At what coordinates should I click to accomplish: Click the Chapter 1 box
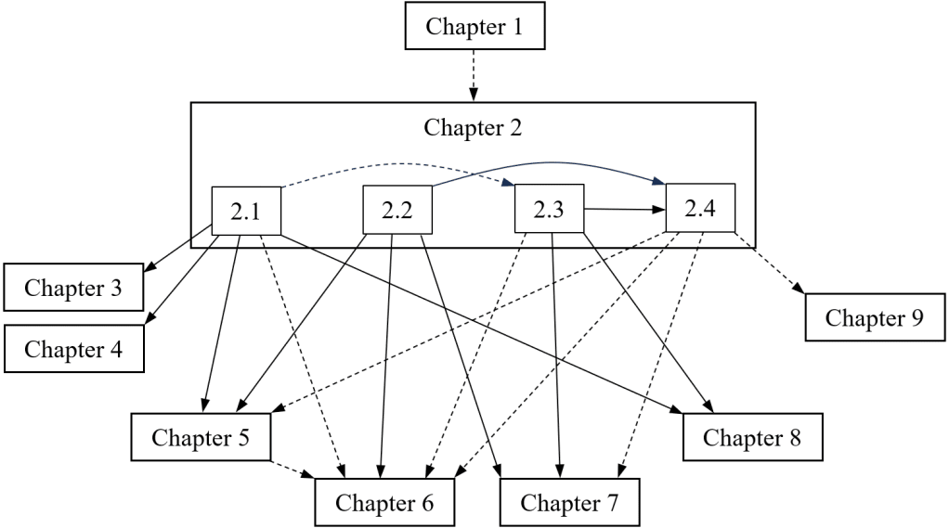click(473, 26)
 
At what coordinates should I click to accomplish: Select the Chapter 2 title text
click(473, 127)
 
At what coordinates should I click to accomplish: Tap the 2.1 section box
click(245, 211)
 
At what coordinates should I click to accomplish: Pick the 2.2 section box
click(396, 211)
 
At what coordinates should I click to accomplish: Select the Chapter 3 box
click(73, 288)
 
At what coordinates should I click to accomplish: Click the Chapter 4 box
click(73, 349)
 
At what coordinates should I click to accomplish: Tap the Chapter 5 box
click(201, 436)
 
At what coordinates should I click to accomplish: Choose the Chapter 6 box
click(384, 503)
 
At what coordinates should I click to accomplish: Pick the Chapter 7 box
click(569, 503)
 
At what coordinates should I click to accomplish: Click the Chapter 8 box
click(752, 436)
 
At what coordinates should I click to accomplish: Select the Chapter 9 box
click(875, 317)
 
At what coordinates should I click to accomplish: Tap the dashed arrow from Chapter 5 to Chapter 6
click(293, 469)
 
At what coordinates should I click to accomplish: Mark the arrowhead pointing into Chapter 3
click(149, 271)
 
